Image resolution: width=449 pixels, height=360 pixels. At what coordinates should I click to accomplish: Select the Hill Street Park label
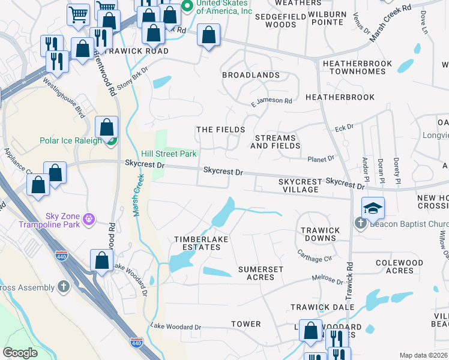[169, 154]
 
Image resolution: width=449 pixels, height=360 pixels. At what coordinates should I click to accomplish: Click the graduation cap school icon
[372, 208]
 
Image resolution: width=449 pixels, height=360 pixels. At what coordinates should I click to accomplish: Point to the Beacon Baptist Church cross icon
[360, 224]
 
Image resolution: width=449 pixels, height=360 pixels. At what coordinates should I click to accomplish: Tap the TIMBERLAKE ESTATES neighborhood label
[197, 243]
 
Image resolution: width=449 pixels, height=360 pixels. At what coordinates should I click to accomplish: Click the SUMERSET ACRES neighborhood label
[261, 274]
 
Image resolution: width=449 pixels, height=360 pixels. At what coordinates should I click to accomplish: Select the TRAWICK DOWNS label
[320, 234]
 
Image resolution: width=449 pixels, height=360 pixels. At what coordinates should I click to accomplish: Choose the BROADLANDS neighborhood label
[251, 75]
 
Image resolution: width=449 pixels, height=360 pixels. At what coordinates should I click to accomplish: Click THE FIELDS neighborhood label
[221, 130]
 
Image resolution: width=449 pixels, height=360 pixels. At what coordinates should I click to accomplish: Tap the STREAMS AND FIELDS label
[273, 142]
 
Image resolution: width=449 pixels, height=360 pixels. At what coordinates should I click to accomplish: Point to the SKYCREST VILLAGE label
[298, 185]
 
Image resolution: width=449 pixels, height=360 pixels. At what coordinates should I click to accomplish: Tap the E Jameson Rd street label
[271, 101]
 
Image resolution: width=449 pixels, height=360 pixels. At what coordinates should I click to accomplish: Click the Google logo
[20, 353]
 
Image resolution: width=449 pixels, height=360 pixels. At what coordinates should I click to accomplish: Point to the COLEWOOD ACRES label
[395, 266]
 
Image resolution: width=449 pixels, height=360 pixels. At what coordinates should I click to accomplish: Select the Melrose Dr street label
[327, 279]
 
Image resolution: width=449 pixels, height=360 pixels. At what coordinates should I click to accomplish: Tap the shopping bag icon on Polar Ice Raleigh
[106, 127]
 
